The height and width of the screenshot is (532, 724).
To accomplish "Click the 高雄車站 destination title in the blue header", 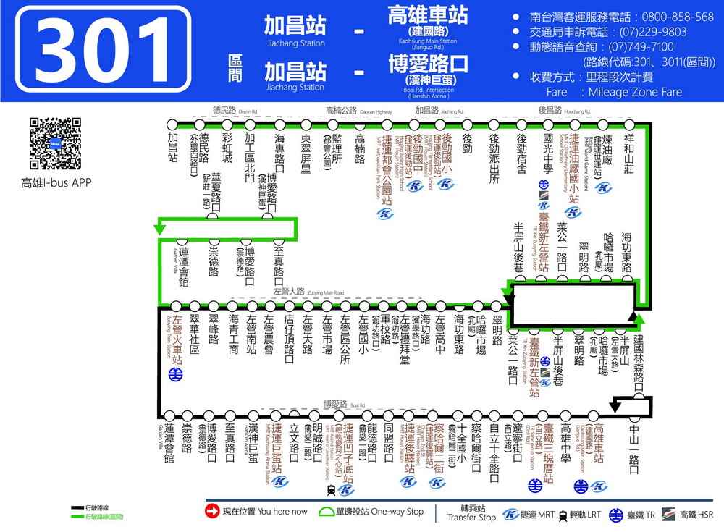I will pyautogui.click(x=428, y=15).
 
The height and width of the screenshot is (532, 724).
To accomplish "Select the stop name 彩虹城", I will pyautogui.click(x=227, y=148).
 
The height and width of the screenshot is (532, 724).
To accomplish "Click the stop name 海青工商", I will pyautogui.click(x=232, y=334).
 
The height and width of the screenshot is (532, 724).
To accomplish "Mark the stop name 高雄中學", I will pyautogui.click(x=565, y=442).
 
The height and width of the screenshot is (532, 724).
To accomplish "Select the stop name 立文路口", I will pyautogui.click(x=294, y=442).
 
